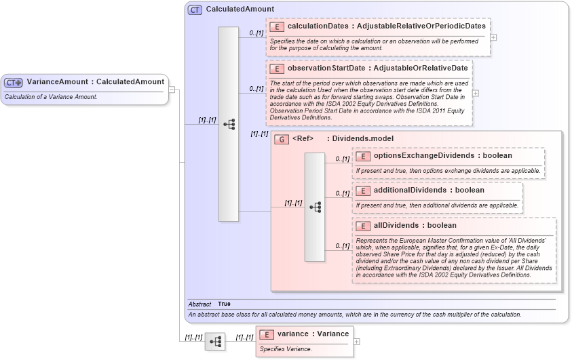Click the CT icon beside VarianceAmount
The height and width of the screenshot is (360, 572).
point(14,82)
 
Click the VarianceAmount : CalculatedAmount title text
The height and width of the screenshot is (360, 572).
point(95,82)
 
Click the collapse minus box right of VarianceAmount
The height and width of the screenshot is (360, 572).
point(172,89)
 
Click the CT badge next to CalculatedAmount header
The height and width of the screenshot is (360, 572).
point(195,9)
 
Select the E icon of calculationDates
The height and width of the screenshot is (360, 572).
point(276,26)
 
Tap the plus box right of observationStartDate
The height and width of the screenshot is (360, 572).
point(476,94)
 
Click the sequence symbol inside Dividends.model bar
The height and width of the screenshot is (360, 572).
point(315,207)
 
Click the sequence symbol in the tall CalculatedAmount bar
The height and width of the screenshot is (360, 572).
point(229,124)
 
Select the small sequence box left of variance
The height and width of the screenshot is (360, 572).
point(215,342)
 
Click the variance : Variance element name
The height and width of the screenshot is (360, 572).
point(313,334)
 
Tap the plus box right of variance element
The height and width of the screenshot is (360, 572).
point(357,342)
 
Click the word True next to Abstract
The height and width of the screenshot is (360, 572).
point(225,304)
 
